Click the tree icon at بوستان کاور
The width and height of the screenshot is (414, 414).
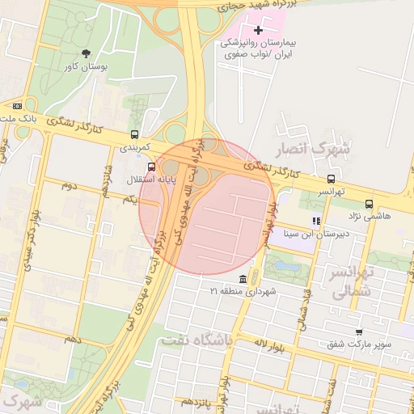click(87, 53)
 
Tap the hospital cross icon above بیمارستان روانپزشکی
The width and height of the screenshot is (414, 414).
click(259, 29)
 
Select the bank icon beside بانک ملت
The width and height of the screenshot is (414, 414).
click(16, 105)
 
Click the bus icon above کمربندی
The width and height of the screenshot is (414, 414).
click(134, 135)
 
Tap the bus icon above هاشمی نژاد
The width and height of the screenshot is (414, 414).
click(370, 204)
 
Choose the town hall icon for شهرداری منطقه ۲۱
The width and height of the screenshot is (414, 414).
click(243, 278)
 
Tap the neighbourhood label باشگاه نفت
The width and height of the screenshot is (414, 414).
click(196, 340)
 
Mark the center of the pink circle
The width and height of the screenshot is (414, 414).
click(205, 206)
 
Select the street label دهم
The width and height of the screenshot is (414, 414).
click(73, 337)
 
